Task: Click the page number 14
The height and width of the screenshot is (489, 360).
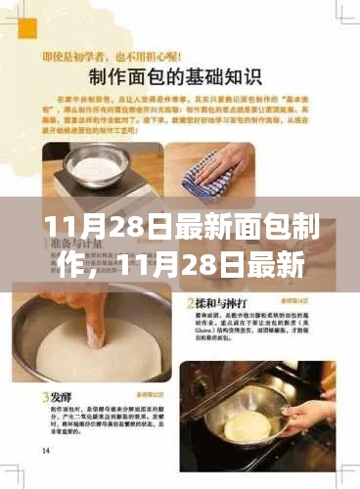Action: coord(47,451)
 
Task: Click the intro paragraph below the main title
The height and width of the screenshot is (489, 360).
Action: coord(183,115)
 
